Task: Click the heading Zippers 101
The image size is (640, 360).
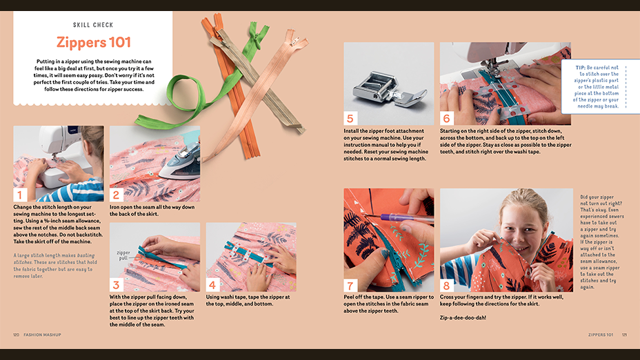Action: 94,43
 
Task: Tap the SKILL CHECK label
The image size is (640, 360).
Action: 93,25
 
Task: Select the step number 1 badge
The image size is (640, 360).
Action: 19,194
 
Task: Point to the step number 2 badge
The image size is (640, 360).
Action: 116,194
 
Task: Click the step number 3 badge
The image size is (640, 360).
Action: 116,285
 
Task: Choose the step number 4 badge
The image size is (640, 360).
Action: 212,285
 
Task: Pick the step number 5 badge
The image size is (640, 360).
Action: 350,119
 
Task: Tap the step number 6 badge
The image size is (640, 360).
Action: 446,119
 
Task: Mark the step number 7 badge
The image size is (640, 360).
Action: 350,286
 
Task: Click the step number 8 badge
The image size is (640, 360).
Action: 446,286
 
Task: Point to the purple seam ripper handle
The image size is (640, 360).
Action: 404,217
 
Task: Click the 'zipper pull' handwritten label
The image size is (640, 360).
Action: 123,255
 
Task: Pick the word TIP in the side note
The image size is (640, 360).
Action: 581,68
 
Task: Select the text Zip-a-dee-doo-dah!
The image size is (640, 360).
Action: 463,317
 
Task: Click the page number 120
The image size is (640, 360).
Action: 17,334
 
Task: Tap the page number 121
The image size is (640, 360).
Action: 624,334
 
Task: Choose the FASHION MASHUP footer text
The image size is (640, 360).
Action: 43,334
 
